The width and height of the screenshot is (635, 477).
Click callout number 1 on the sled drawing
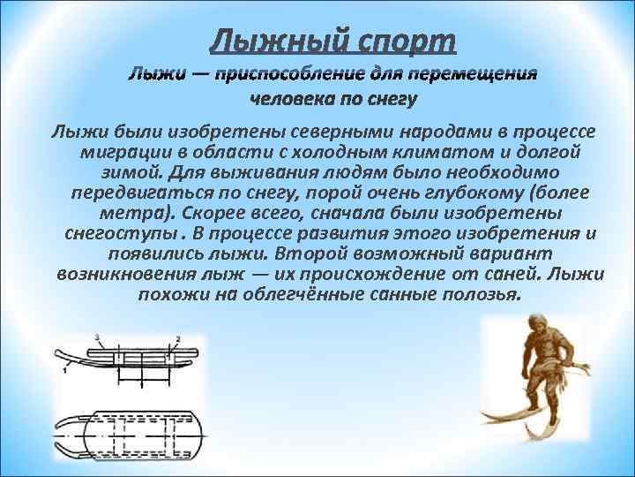coord(65,371)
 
